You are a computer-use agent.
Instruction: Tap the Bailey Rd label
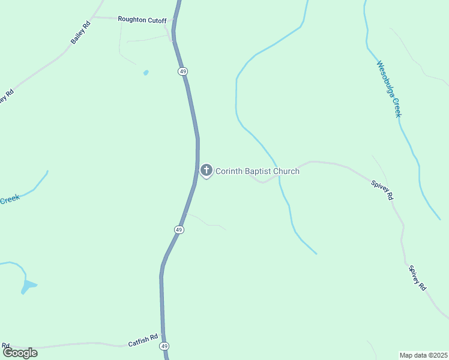tap(80, 32)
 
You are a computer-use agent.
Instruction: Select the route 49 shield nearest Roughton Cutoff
tap(182, 71)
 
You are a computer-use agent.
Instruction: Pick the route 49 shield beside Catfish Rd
tap(164, 346)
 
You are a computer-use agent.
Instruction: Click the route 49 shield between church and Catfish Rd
tap(179, 230)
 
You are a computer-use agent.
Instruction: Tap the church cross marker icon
tap(206, 170)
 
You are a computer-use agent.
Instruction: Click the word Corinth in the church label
tap(229, 171)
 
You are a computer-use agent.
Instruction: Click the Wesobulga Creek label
tap(388, 89)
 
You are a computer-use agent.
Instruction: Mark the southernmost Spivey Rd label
tap(417, 278)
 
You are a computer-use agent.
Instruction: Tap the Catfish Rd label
tap(143, 341)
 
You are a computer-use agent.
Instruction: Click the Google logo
tap(20, 353)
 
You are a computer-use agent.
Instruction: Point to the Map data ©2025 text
tap(423, 355)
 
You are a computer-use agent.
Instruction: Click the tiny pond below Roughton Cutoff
tap(145, 73)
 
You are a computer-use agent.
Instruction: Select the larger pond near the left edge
tap(28, 285)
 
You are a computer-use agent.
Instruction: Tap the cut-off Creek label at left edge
tap(9, 199)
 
